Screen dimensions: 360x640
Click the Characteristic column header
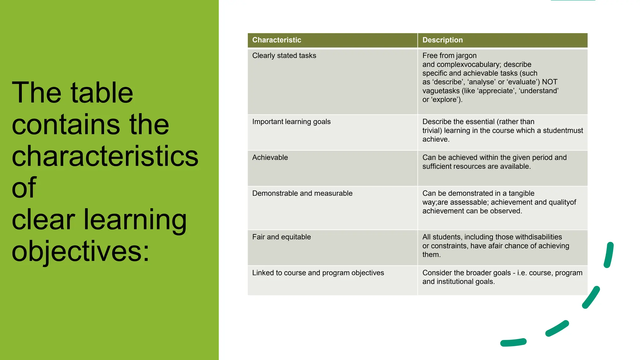277,40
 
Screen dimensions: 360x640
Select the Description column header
442,40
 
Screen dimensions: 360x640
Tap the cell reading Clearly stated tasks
284,56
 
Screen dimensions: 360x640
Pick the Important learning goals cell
291,122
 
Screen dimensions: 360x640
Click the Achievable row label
270,157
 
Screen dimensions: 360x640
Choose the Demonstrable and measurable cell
302,193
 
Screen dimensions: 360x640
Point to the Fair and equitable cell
281,237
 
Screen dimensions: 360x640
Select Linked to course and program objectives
318,273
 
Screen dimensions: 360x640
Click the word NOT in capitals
550,82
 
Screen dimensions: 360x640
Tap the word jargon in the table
465,56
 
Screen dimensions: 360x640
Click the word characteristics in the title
105,156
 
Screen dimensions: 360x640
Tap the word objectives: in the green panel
81,252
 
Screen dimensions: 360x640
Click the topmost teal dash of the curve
609,255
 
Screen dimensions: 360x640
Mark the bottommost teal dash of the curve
513,342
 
